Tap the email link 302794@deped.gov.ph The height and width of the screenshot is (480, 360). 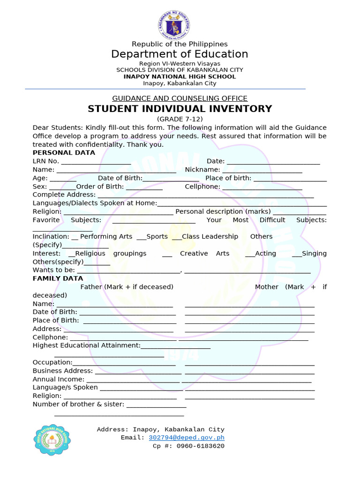tap(187, 437)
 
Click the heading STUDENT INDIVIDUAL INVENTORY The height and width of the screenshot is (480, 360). tap(180, 109)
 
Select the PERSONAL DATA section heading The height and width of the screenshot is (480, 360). tap(64, 153)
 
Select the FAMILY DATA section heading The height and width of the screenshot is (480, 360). tap(58, 278)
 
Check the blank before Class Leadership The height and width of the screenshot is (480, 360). tap(177, 237)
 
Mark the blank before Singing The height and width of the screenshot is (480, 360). tap(296, 254)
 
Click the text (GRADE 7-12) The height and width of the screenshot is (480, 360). tap(180, 120)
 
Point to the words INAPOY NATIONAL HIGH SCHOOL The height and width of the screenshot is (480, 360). tap(180, 76)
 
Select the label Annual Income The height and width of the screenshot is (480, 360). tap(58, 379)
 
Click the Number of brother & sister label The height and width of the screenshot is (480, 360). tap(78, 404)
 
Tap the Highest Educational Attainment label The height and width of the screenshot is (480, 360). tap(86, 345)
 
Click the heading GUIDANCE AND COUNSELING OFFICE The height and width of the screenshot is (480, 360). tap(180, 98)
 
